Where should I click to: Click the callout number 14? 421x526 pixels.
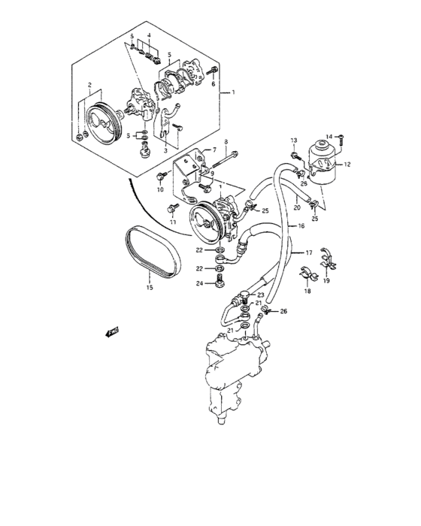[x=329, y=136]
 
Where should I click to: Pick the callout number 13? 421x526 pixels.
[x=295, y=140]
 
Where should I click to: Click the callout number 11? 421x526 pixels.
[x=172, y=223]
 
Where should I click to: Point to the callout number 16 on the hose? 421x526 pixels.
[x=300, y=225]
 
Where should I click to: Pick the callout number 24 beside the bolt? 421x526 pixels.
[x=200, y=283]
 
